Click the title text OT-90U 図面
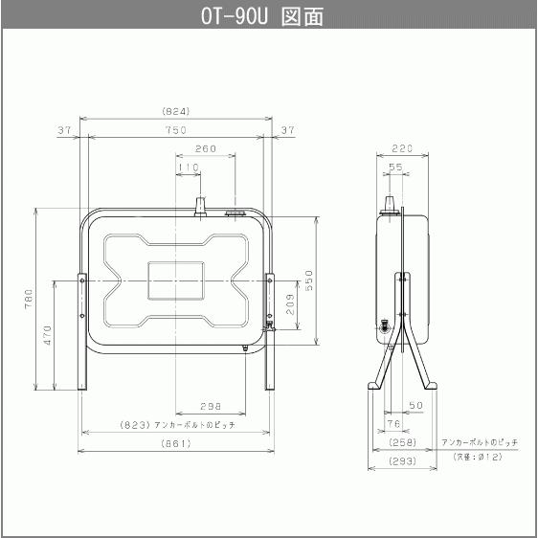(x=268, y=16)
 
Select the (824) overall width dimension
(x=177, y=111)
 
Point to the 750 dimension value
(x=176, y=130)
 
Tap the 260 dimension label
(x=205, y=149)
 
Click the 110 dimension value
(x=189, y=168)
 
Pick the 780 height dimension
(x=29, y=299)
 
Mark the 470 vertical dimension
(x=47, y=335)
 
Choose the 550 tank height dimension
(x=309, y=279)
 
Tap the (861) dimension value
(x=176, y=443)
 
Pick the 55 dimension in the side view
(x=396, y=168)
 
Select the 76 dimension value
(x=393, y=423)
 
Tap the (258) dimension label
(x=402, y=442)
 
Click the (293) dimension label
(x=402, y=461)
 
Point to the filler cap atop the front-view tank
(x=200, y=206)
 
